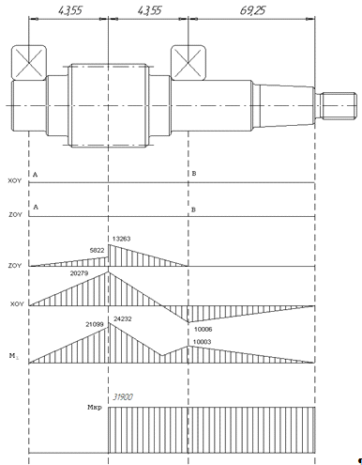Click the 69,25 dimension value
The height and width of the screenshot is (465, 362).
(252, 10)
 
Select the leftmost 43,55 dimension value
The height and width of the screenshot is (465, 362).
(70, 10)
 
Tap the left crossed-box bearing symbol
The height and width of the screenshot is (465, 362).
(29, 63)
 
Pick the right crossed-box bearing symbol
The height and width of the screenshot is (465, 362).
(189, 63)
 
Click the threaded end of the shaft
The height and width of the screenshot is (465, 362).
(339, 106)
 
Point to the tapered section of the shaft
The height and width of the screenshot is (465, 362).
(287, 106)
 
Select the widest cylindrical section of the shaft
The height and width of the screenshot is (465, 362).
(108, 105)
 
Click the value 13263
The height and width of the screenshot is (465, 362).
(121, 239)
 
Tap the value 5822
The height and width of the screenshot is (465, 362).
(97, 250)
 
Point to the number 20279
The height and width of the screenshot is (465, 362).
(79, 273)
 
